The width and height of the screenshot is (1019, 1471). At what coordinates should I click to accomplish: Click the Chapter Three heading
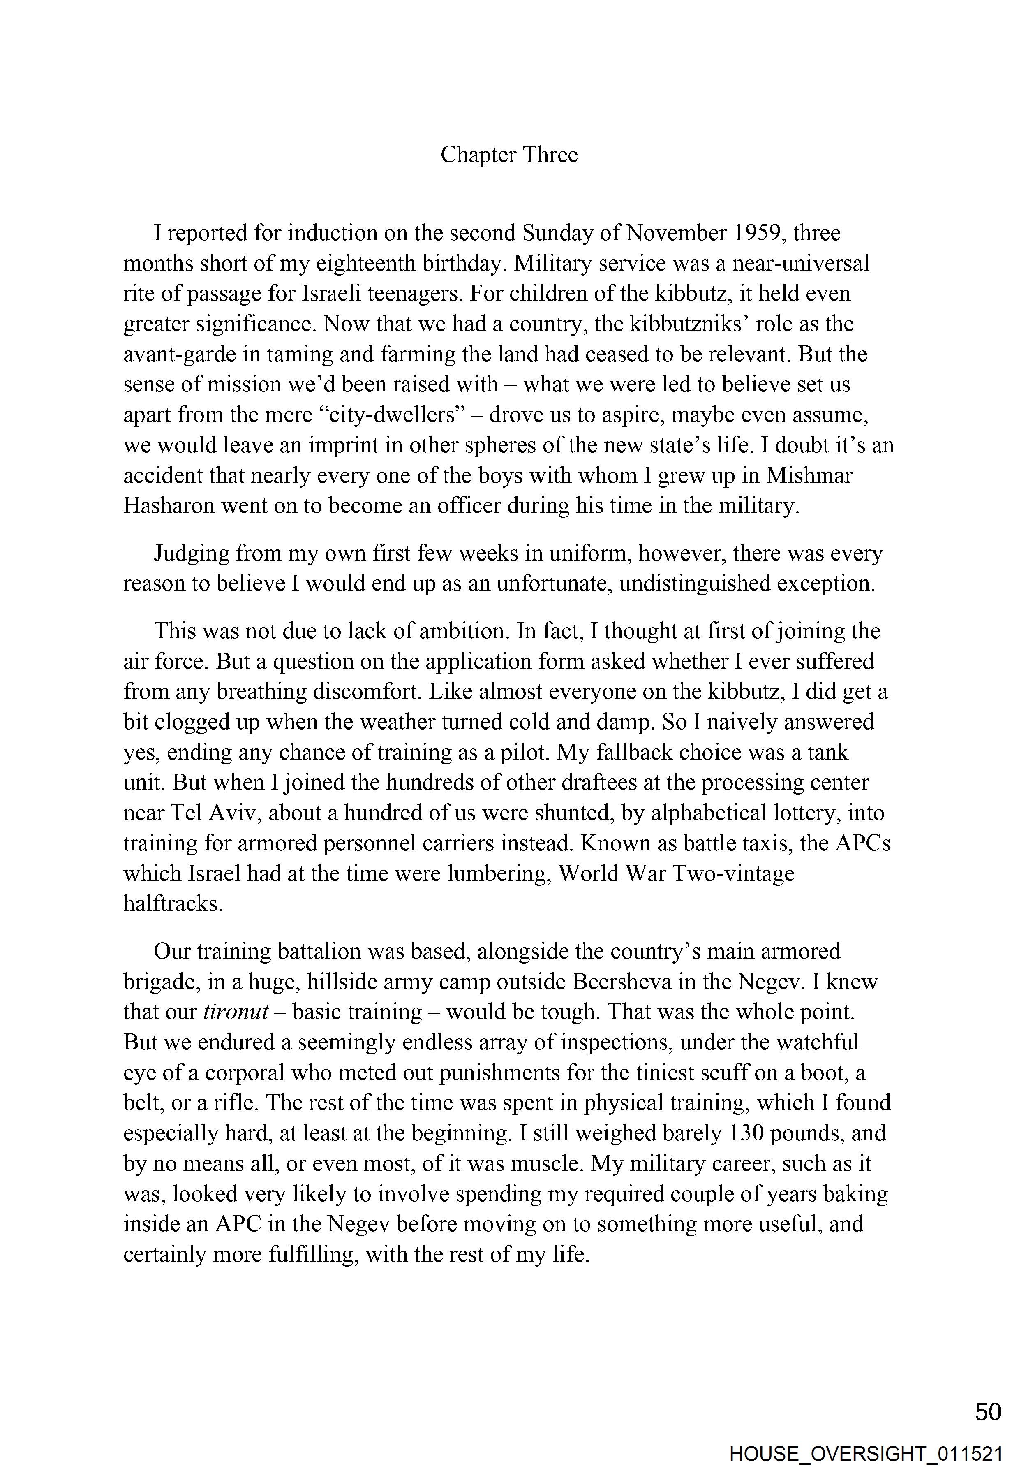pos(509,155)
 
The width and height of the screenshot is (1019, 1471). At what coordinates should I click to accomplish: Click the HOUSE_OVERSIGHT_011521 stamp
pos(866,1455)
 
